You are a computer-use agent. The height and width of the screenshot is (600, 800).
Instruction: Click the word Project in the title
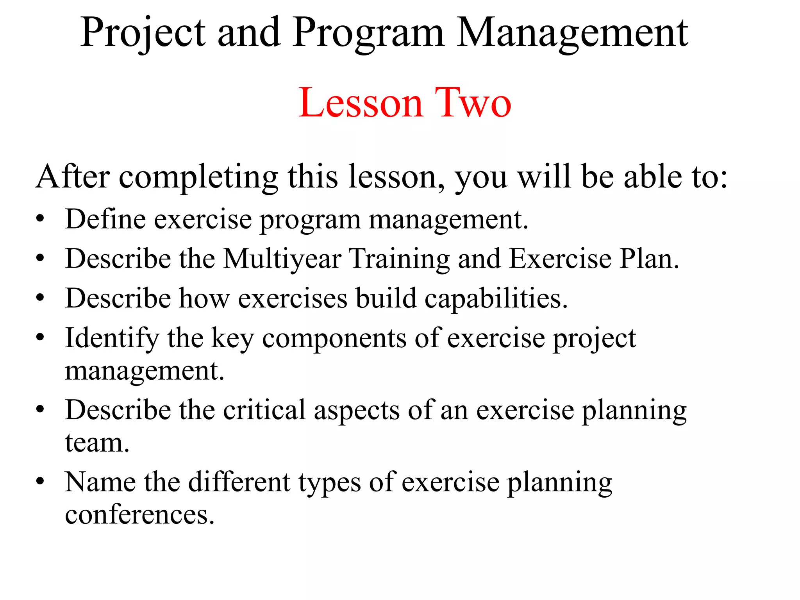tap(143, 33)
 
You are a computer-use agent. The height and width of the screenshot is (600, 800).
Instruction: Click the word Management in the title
tap(572, 33)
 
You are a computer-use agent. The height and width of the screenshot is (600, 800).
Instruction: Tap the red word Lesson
tap(361, 103)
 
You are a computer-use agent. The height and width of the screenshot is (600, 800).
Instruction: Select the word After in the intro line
tap(73, 177)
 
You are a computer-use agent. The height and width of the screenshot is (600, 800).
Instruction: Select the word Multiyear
tap(282, 259)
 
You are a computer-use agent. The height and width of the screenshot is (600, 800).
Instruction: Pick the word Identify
tap(112, 338)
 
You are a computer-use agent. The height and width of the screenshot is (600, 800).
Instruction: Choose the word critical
tap(264, 410)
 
